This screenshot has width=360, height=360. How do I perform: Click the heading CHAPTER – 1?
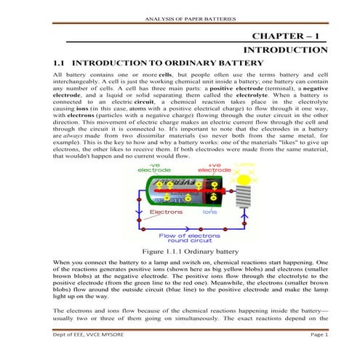(288, 36)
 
